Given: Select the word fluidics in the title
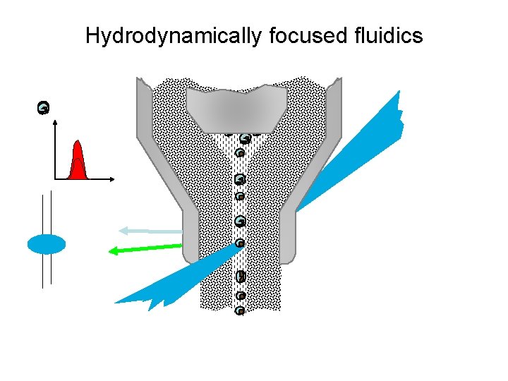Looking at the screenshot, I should (x=390, y=36).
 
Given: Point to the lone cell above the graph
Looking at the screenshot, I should (x=44, y=108).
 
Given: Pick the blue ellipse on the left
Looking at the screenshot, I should (x=47, y=244).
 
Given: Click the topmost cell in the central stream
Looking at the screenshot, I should (x=244, y=138).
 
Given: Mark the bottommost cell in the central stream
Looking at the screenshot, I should (x=240, y=310).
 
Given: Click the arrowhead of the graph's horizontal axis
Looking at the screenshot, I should (x=112, y=179).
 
